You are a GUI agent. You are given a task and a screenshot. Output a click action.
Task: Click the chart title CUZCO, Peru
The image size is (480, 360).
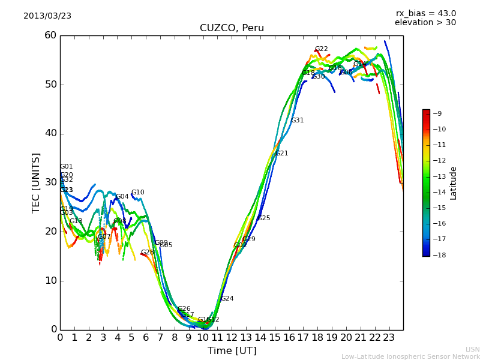[x=232, y=28]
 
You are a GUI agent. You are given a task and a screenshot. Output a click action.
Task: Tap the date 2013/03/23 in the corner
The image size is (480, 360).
[x=47, y=16]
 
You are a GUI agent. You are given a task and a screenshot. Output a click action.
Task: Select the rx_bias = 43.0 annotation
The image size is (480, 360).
[x=426, y=14]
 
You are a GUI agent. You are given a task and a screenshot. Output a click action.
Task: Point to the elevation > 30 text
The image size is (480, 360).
[x=425, y=23]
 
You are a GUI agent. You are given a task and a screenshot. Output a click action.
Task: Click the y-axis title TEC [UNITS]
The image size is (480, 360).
[x=37, y=182]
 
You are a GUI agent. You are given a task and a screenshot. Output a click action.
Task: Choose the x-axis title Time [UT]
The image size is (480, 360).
[x=232, y=351]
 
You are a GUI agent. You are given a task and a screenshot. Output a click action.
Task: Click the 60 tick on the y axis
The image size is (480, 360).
[x=50, y=35]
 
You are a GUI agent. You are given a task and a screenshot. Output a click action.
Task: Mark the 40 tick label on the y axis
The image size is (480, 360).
[x=50, y=133]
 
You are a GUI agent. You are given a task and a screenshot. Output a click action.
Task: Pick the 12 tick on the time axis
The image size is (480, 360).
[x=232, y=338]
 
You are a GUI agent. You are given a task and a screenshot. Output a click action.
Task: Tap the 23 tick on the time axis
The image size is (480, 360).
[x=389, y=338]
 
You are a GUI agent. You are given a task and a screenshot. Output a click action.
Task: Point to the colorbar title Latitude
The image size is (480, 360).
[x=454, y=182]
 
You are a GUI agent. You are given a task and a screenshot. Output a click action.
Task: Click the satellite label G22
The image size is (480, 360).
[x=322, y=49]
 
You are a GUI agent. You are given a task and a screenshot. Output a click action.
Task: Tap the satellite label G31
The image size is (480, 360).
[x=297, y=121]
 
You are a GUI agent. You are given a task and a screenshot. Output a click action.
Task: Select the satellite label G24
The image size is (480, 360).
[x=227, y=299]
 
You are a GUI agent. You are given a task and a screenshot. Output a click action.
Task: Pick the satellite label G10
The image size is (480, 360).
[x=137, y=193]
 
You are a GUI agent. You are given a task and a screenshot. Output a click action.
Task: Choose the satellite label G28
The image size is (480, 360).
[x=147, y=253]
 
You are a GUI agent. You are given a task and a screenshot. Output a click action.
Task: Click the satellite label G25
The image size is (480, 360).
[x=263, y=218]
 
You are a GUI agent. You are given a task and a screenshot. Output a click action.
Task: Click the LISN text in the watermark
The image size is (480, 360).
[x=472, y=349]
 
